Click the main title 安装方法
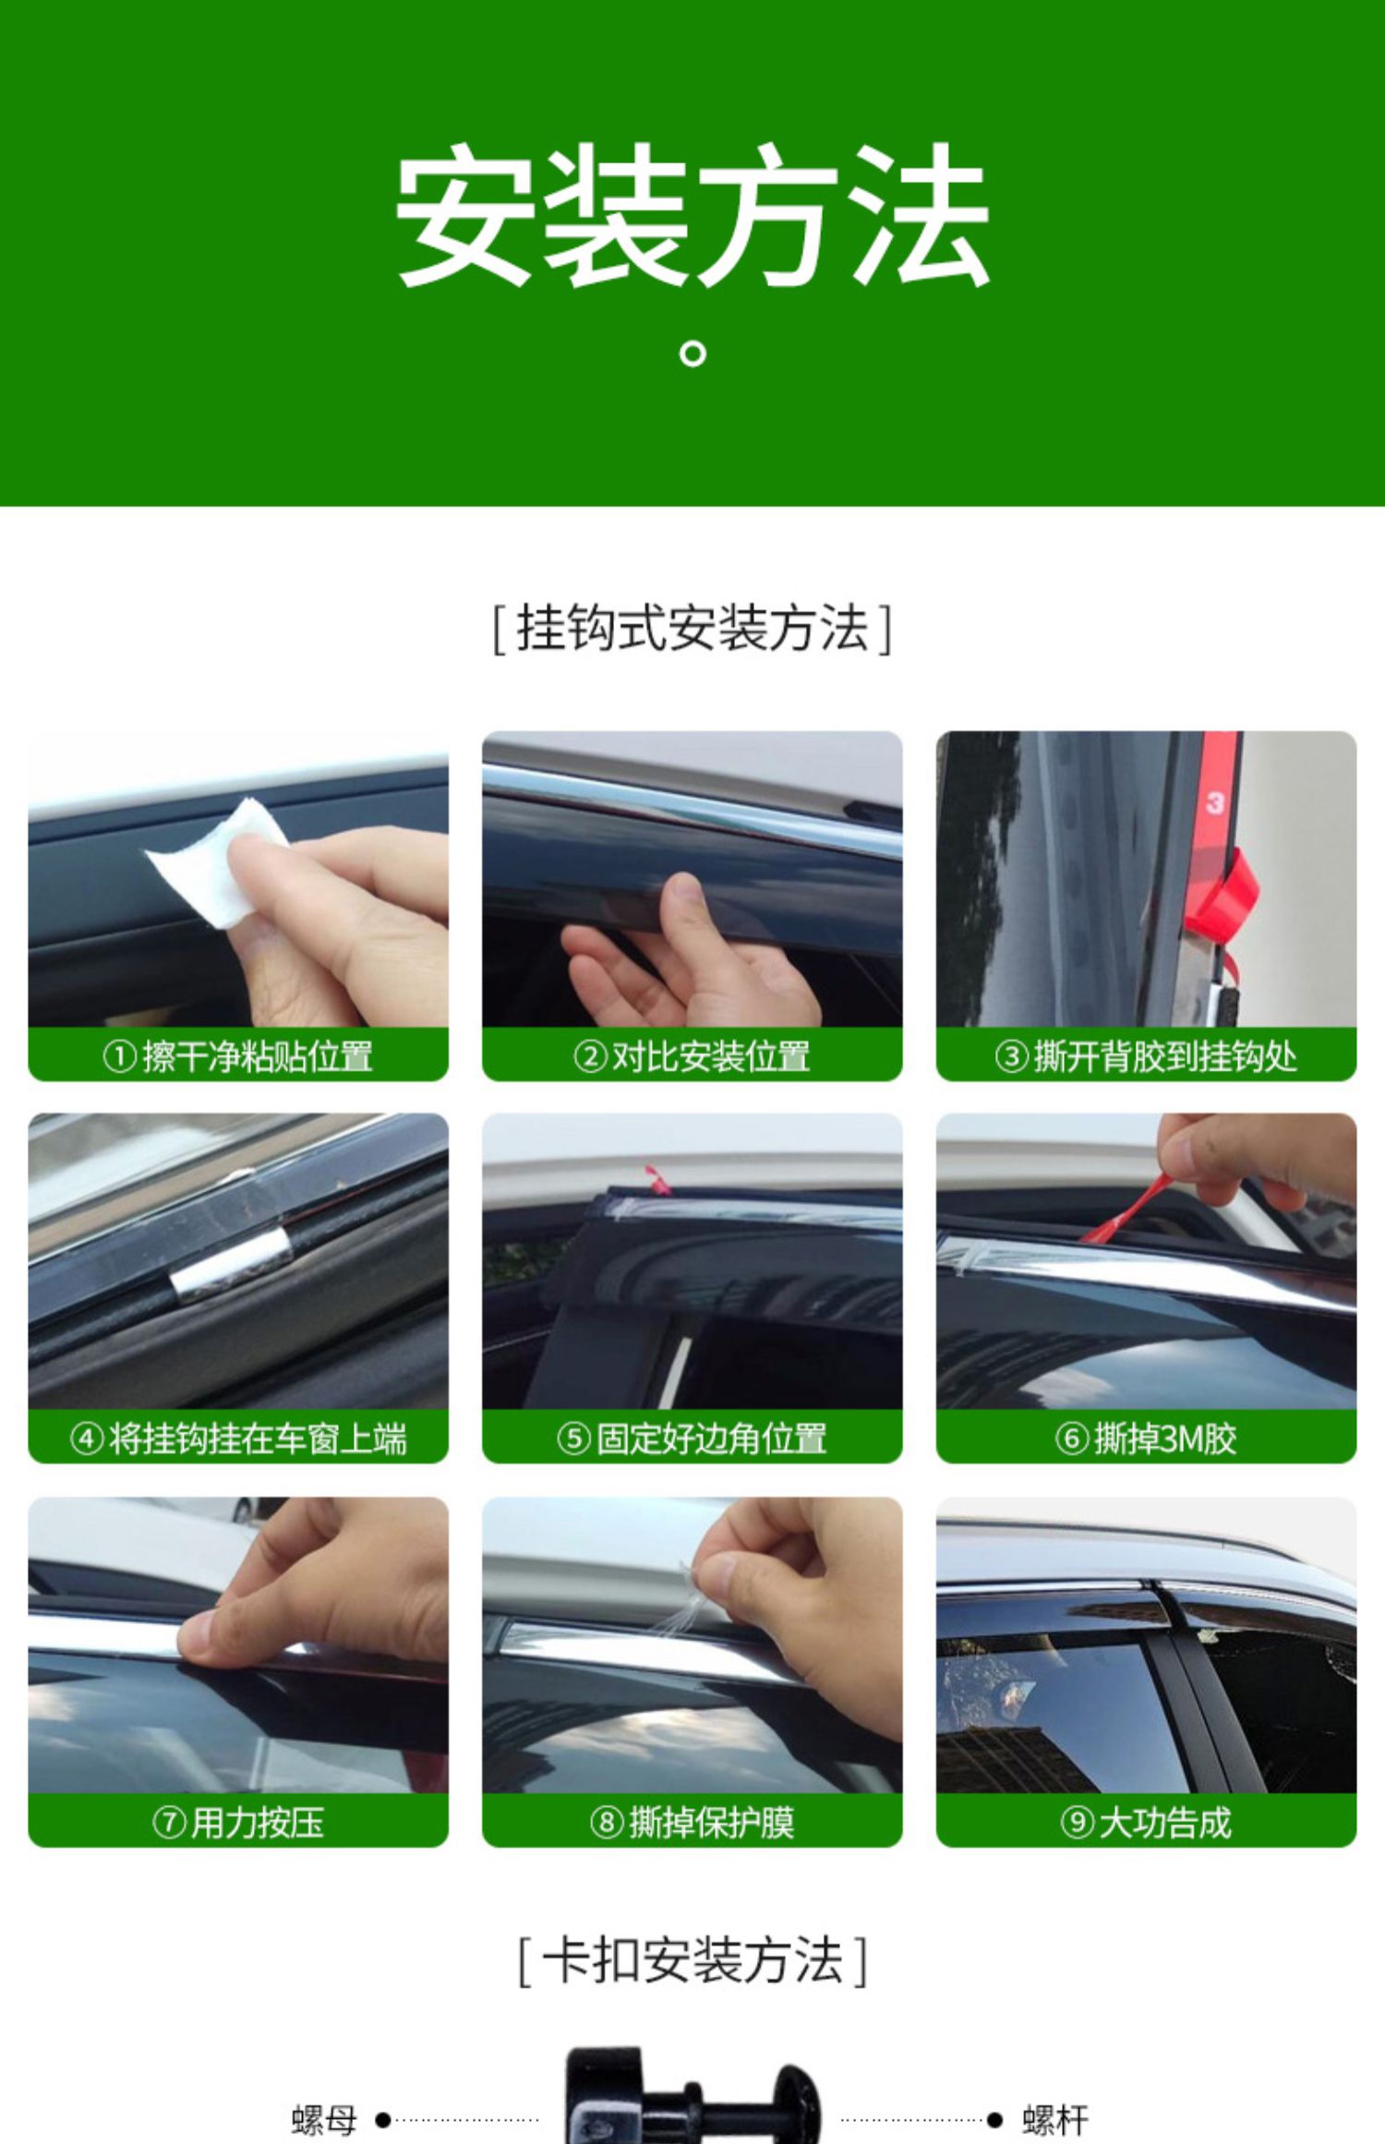tap(692, 215)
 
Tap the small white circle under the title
tap(692, 354)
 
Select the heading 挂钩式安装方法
tap(692, 629)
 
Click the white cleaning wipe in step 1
tap(218, 862)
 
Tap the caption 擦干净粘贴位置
tap(238, 1056)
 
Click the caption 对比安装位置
tap(692, 1056)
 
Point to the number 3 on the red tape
tap(1214, 802)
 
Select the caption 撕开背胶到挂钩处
tap(1147, 1056)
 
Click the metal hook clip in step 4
tap(232, 1262)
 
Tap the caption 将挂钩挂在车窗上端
tap(238, 1439)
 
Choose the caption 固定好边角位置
tap(692, 1439)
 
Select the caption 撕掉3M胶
tap(1147, 1439)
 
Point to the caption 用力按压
tap(238, 1823)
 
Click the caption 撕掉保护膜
tap(692, 1823)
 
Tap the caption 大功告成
tap(1147, 1823)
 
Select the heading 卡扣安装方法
tap(692, 1959)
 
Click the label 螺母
tap(325, 2120)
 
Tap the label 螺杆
tap(1055, 2120)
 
